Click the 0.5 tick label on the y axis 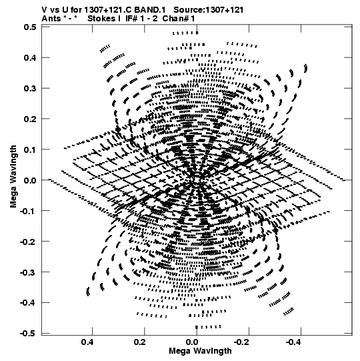tap(30, 27)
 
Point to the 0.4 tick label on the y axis tap(30, 57)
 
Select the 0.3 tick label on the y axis tap(30, 88)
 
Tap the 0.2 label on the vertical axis tap(30, 119)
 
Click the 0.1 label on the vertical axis tap(30, 149)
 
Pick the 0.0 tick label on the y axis tap(30, 180)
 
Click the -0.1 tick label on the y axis tap(28, 211)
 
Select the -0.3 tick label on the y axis tap(28, 272)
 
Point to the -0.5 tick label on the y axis tap(28, 333)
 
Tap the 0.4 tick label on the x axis tap(87, 342)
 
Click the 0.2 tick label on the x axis tap(139, 342)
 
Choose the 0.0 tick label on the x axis tap(191, 342)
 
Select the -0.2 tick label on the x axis tap(241, 342)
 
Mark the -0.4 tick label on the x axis tap(294, 342)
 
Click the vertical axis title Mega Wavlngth tap(13, 177)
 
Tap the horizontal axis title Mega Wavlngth tap(200, 351)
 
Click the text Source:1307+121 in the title tap(209, 10)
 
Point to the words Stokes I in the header tap(104, 19)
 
